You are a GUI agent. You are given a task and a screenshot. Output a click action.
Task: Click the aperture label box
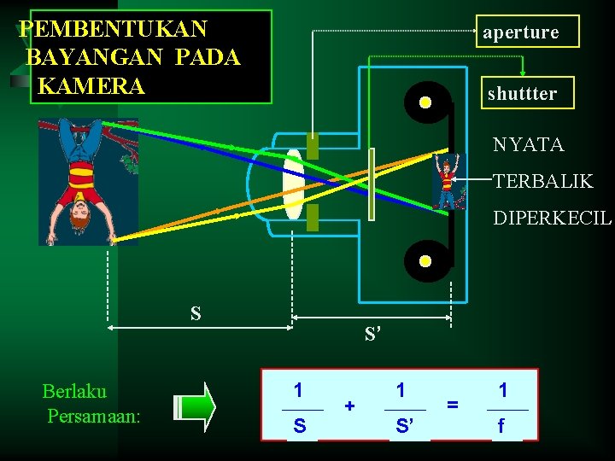point(520,32)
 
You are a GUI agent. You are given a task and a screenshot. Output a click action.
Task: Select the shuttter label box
point(522,93)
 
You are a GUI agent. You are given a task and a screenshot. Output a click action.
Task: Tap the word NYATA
point(528,145)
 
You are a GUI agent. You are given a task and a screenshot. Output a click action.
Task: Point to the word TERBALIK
point(542,182)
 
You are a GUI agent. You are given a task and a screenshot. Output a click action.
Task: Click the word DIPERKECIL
point(552,218)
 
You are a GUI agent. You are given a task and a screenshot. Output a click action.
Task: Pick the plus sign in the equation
point(349,406)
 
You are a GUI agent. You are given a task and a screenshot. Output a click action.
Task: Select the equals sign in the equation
point(453,406)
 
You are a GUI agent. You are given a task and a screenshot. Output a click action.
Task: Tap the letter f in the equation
point(502,424)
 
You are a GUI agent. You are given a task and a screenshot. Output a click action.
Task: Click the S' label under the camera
point(372,334)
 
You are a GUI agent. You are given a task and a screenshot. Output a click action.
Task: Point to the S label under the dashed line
point(196,313)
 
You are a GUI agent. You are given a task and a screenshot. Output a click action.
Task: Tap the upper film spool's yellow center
point(425,103)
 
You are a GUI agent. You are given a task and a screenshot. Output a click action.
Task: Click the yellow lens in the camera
point(293,183)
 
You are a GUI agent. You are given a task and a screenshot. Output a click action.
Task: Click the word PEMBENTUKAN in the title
point(114,29)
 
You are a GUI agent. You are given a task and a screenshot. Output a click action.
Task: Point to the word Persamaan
point(94,417)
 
